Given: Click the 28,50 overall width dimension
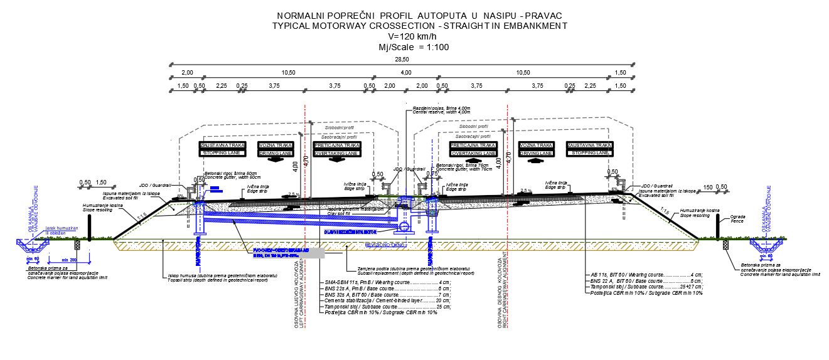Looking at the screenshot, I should click(x=402, y=60).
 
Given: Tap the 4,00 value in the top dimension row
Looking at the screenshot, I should click(x=407, y=73).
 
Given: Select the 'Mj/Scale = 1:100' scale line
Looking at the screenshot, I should click(x=414, y=47).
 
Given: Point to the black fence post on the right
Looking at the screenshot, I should click(x=717, y=226).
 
